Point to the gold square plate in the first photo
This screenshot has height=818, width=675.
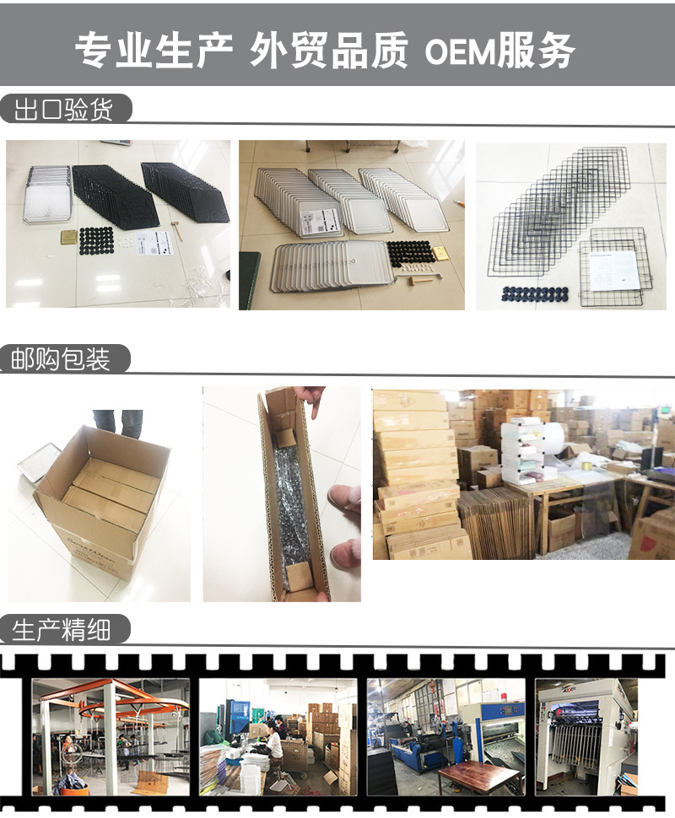[67, 235]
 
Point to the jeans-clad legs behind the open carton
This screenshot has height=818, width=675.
[118, 422]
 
